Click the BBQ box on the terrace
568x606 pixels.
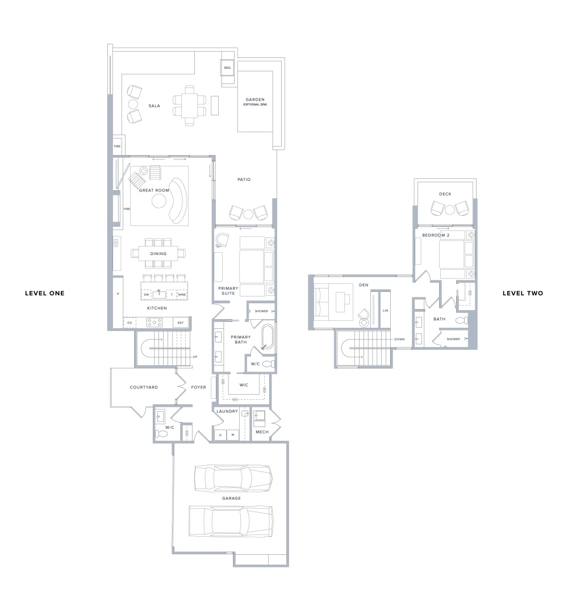(227, 68)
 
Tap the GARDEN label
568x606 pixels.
(255, 99)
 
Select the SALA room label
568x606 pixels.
(154, 106)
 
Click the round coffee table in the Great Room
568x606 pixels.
(159, 201)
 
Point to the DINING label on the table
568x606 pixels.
(158, 253)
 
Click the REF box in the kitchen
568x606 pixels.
(181, 323)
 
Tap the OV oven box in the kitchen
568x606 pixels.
(130, 323)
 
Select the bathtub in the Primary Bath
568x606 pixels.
(268, 337)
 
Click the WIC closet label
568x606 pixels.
(244, 385)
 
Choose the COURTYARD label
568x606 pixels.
(144, 387)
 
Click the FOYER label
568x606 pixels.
(199, 387)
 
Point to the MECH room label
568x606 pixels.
(262, 432)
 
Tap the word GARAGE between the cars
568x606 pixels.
(231, 498)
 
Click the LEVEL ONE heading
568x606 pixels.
(45, 293)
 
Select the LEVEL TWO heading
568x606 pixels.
(523, 293)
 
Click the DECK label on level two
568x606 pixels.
(445, 194)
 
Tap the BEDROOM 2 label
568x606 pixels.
(436, 235)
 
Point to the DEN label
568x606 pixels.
(364, 285)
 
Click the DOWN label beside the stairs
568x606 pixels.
(399, 339)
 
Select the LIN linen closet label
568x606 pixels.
(385, 311)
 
